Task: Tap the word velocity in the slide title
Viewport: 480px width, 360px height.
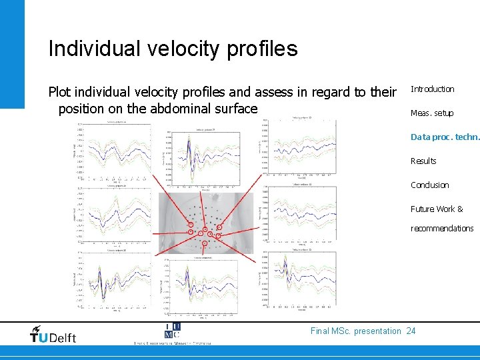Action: point(181,49)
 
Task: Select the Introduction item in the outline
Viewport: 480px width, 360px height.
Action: point(432,89)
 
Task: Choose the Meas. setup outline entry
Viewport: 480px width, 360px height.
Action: point(431,113)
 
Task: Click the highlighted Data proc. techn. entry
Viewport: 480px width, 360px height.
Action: point(444,137)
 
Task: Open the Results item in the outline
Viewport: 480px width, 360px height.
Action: point(423,161)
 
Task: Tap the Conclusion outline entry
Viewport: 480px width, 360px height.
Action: point(429,185)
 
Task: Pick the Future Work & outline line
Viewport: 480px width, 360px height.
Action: point(436,209)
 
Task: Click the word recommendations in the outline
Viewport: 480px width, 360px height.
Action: point(441,229)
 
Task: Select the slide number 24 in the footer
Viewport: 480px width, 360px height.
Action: point(411,331)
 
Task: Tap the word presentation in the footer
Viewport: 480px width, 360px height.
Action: point(378,331)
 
